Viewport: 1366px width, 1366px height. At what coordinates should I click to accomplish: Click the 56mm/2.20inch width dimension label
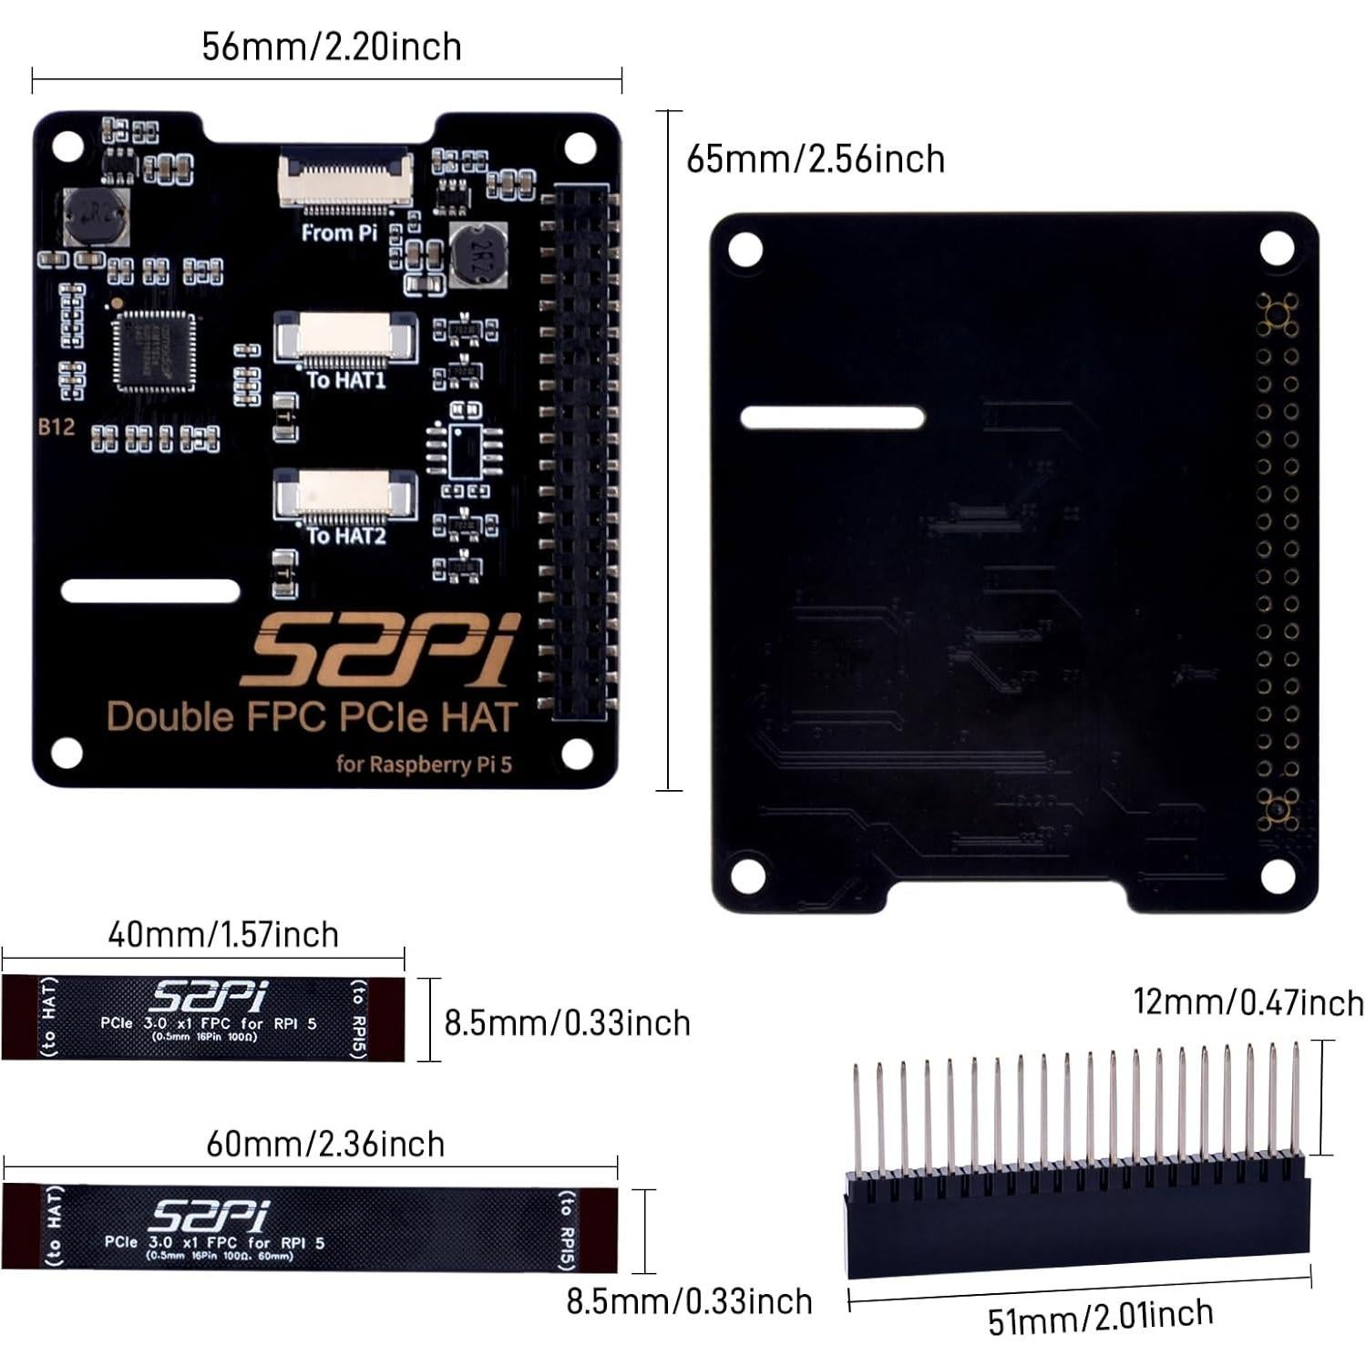click(331, 47)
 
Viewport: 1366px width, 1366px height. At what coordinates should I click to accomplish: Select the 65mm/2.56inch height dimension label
click(815, 159)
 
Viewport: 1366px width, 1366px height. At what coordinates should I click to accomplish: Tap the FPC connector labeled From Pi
click(345, 178)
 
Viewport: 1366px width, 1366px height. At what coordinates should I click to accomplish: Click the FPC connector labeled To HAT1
click(345, 337)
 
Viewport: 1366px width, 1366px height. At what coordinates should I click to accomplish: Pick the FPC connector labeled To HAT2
click(344, 494)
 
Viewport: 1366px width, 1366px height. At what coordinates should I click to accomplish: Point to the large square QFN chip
click(154, 351)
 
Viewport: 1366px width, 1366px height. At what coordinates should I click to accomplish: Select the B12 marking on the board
click(56, 426)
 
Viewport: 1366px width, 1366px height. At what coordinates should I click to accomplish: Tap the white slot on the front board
click(150, 591)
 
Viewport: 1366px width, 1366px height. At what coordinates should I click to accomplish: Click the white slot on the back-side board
click(832, 418)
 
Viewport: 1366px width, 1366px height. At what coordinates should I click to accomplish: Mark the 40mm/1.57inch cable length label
click(223, 935)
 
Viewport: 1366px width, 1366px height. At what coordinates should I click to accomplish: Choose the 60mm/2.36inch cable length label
click(325, 1144)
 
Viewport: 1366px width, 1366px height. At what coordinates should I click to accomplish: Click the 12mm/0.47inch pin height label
click(1248, 1002)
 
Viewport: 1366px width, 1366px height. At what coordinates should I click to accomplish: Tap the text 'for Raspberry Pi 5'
click(424, 764)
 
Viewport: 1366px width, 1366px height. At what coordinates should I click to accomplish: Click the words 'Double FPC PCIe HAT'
click(312, 718)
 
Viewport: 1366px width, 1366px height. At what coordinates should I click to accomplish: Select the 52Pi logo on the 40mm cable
click(209, 996)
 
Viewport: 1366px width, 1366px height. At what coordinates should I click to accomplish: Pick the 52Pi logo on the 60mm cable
click(211, 1215)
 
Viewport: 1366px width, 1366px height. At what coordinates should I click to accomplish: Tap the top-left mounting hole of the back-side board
click(745, 250)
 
